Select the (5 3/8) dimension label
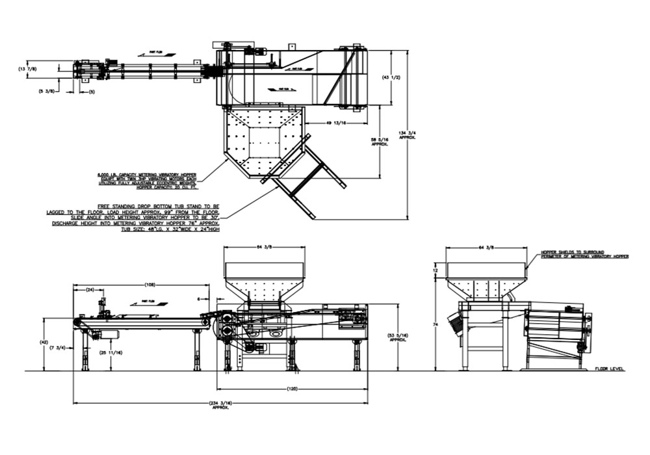(47, 92)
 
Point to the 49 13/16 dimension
(336, 122)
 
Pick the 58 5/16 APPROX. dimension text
(380, 141)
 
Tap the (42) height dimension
(44, 341)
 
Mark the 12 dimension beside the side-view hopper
(436, 270)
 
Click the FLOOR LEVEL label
(609, 369)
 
